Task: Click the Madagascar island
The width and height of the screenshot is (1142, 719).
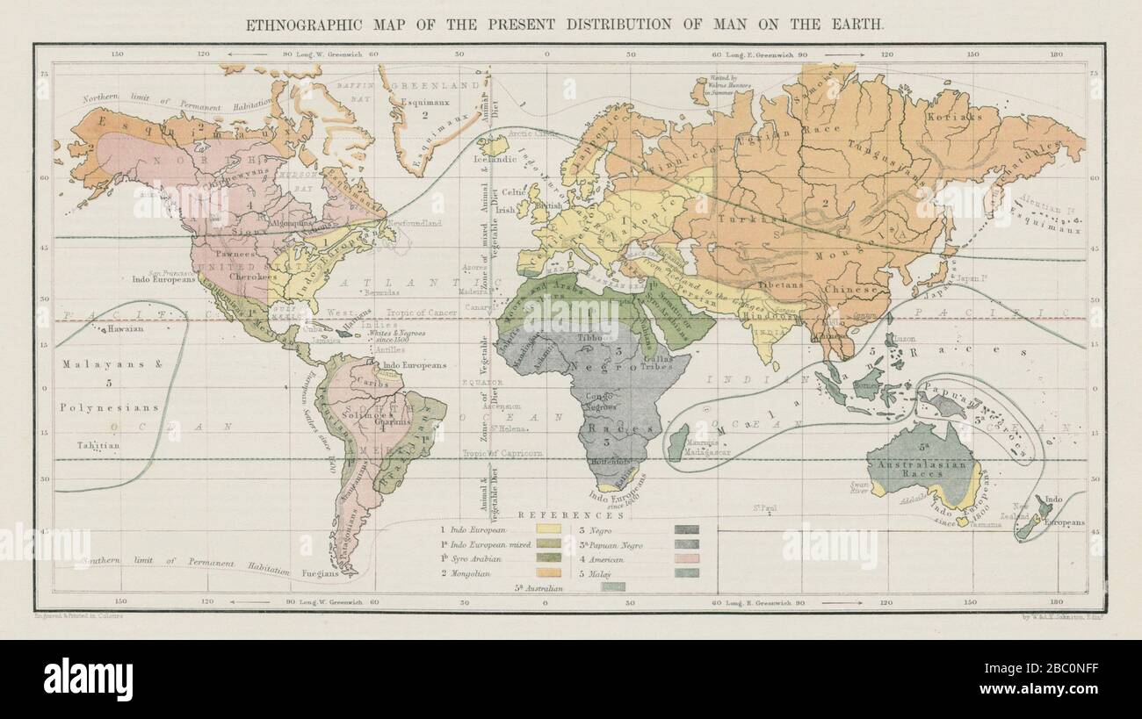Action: point(677,442)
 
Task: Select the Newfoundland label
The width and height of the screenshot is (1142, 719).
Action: point(417,225)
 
